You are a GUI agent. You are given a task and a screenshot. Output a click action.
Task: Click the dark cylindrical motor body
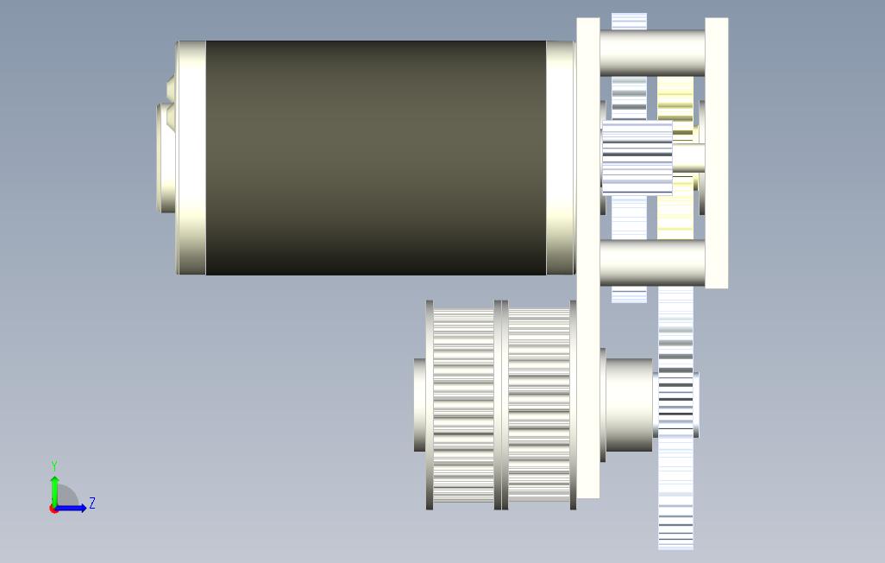[376, 158]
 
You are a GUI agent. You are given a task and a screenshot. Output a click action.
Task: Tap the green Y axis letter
[54, 465]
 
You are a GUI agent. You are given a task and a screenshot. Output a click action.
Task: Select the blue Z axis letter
[92, 503]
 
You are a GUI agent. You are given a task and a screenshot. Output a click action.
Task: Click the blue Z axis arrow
[71, 508]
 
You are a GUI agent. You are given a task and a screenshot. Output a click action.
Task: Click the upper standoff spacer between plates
[652, 54]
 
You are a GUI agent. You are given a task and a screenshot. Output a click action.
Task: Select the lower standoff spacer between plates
[652, 263]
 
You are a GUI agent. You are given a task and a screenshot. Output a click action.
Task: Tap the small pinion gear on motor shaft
[637, 158]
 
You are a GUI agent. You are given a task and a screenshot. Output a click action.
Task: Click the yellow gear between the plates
[675, 158]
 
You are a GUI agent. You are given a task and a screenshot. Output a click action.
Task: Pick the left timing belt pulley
[463, 405]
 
